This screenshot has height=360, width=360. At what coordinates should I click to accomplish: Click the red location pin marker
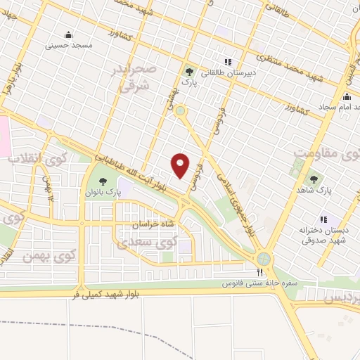(x=181, y=165)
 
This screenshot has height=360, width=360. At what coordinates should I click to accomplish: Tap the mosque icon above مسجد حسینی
(x=68, y=35)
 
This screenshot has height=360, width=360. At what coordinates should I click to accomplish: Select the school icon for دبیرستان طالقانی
(x=226, y=61)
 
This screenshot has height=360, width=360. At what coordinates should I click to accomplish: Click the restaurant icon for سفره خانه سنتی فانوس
(x=259, y=273)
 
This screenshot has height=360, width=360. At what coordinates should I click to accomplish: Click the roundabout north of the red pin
(x=181, y=110)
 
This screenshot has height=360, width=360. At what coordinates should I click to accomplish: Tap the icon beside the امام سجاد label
(x=347, y=97)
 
